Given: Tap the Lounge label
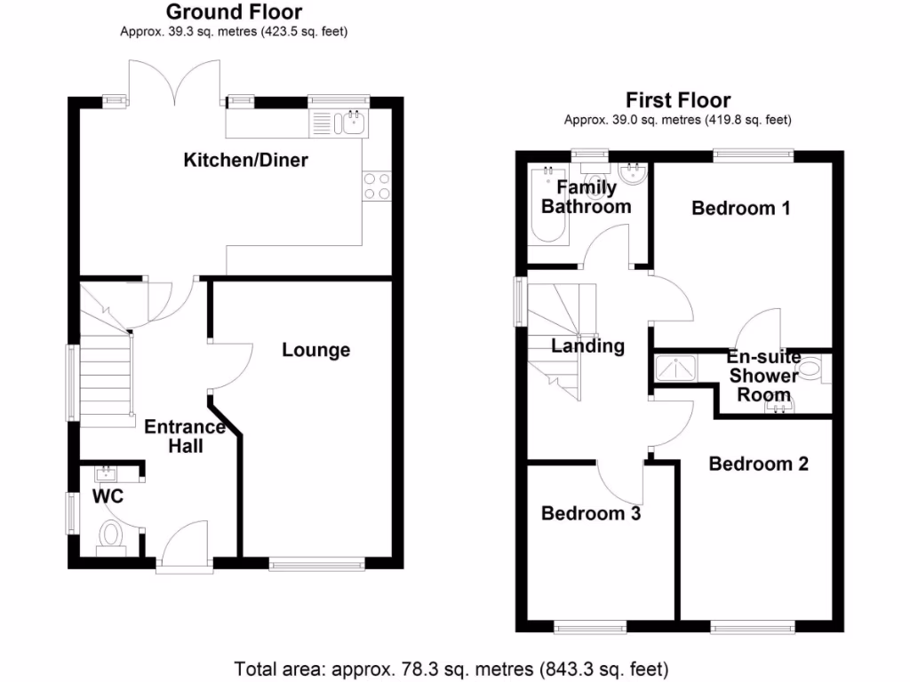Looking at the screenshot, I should pyautogui.click(x=315, y=350).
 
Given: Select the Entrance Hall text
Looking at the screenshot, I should pyautogui.click(x=185, y=436).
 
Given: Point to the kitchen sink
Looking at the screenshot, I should pyautogui.click(x=338, y=123).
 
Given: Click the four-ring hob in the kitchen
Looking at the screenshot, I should pyautogui.click(x=378, y=186).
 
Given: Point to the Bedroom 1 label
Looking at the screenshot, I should pyautogui.click(x=740, y=209).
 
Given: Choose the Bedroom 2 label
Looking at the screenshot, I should pyautogui.click(x=758, y=464).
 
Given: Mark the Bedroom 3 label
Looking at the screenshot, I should pyautogui.click(x=591, y=513).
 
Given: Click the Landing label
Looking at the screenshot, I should pyautogui.click(x=587, y=346).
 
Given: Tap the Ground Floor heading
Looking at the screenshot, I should pyautogui.click(x=234, y=12).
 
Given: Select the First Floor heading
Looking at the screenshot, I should pyautogui.click(x=678, y=100).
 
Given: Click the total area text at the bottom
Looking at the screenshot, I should pyautogui.click(x=451, y=667).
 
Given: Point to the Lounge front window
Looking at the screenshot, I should pyautogui.click(x=316, y=563).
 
